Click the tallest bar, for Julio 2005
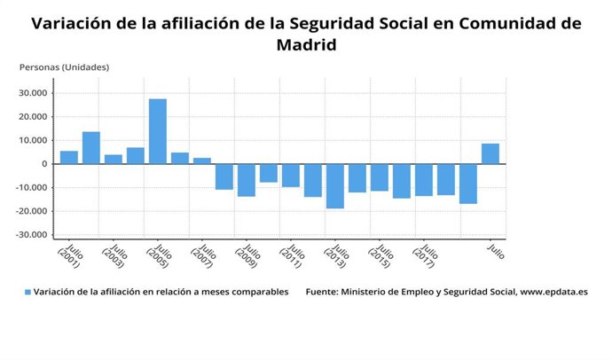coord(157,131)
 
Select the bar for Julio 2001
coord(69,157)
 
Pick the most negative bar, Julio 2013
coord(334,185)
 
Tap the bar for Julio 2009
coord(246,179)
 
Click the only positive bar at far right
coord(490,153)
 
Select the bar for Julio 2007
coord(201,160)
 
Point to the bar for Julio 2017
coord(423,179)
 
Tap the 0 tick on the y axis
coord(43,164)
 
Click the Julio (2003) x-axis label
coord(114,256)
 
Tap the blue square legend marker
coord(27,292)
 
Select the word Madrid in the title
coord(306,44)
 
